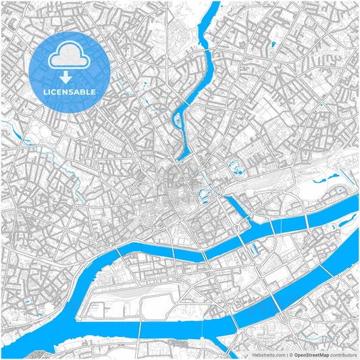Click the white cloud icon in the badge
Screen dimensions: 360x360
pyautogui.click(x=70, y=55)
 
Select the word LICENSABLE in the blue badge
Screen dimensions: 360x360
pyautogui.click(x=70, y=92)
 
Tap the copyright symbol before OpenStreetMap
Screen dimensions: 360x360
pyautogui.click(x=290, y=354)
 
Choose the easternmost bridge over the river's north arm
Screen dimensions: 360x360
pyautogui.click(x=308, y=220)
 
